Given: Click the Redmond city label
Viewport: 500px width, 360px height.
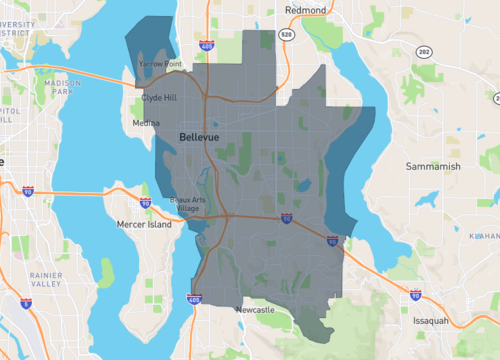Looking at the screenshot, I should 305,9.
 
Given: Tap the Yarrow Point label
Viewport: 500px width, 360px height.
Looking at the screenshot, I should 160,64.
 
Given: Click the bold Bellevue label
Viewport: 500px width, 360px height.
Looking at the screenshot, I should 200,135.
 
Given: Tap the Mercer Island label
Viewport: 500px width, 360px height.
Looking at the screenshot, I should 145,224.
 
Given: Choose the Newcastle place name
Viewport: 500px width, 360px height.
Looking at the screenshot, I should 254,311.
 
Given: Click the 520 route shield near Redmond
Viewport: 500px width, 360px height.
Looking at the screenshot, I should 287,34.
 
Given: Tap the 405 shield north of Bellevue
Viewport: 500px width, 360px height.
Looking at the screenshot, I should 205,46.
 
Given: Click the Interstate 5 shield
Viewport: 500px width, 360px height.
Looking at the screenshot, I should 28,190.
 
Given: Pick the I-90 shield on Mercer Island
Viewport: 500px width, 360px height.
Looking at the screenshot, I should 146,203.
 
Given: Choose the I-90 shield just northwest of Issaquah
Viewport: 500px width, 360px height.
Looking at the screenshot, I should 416,296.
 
